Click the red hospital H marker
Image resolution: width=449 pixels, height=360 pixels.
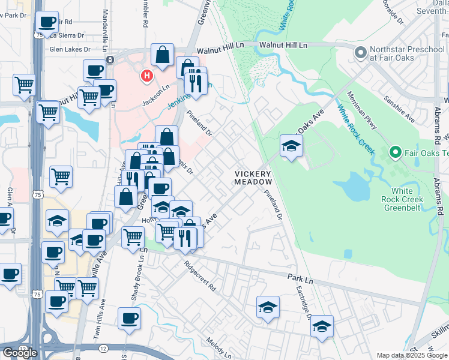click(145, 76)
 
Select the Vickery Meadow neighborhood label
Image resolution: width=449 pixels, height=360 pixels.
click(253, 177)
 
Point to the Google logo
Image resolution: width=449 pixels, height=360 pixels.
click(20, 352)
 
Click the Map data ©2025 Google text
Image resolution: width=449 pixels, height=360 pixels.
click(412, 355)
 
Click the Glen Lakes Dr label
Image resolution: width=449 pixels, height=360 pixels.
click(70, 49)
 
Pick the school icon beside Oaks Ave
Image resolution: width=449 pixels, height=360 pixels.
click(291, 145)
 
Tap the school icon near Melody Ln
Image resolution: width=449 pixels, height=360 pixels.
click(268, 307)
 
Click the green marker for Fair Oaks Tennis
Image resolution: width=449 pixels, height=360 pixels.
click(395, 153)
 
